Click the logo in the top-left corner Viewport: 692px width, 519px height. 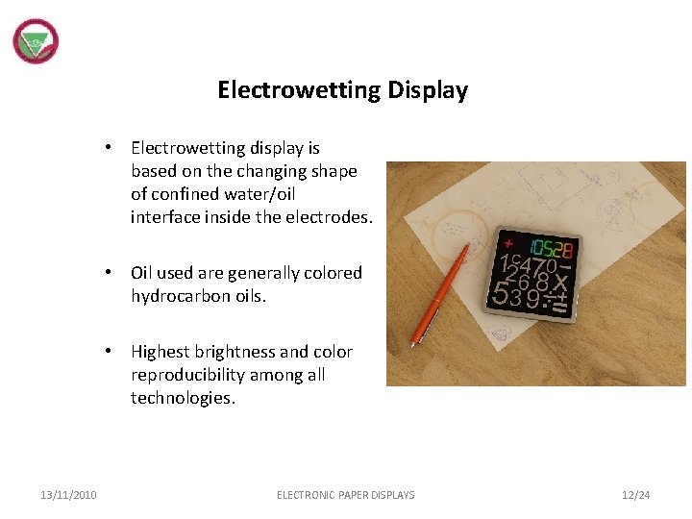[x=36, y=42]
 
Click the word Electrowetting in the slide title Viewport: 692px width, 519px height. [x=299, y=90]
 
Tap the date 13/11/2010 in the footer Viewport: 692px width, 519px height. [x=68, y=495]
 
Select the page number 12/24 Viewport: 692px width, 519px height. [x=635, y=495]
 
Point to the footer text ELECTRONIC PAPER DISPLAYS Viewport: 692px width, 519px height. [x=346, y=495]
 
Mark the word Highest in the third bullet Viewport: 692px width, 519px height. [x=161, y=352]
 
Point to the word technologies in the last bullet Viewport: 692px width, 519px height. [x=181, y=398]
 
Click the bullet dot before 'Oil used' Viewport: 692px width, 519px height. [x=111, y=273]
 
